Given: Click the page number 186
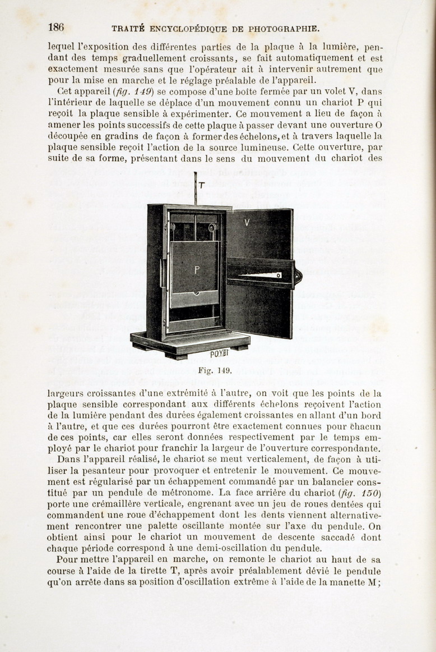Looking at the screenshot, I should click(56, 27).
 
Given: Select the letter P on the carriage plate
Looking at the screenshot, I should click(197, 270).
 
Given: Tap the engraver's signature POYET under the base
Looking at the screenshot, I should click(219, 353).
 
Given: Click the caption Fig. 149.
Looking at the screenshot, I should click(215, 370).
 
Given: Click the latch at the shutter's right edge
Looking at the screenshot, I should click(298, 276).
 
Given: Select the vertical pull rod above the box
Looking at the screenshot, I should click(194, 189).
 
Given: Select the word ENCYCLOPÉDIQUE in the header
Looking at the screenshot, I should click(184, 28).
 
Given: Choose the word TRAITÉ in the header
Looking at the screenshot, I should click(128, 28).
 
